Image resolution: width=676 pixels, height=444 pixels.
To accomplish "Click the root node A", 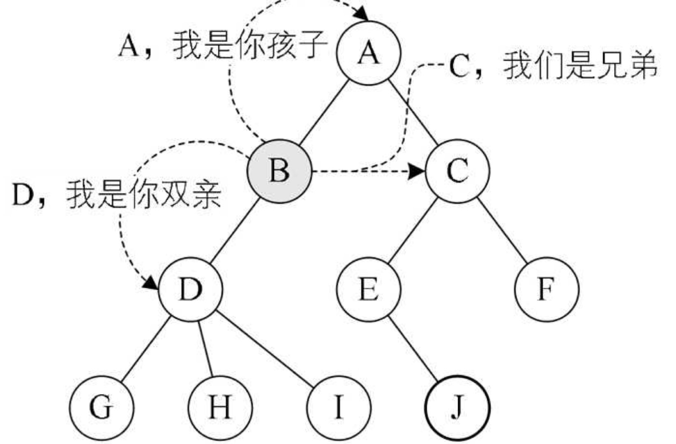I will tap(368, 53).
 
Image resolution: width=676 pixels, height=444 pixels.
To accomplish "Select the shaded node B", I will tap(279, 171).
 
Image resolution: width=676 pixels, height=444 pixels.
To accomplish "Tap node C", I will tap(457, 171).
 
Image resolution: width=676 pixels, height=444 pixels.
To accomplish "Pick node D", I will tap(190, 289).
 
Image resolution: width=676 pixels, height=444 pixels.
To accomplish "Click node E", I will tap(368, 289).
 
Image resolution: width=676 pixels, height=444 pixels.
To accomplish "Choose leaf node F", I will tap(547, 289).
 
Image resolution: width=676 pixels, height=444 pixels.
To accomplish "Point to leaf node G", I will tap(101, 407).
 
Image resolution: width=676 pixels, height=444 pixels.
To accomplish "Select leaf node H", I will tap(220, 407).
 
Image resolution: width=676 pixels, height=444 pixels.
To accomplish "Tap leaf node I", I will tap(339, 407).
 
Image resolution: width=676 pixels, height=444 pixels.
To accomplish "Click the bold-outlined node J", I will tap(457, 407).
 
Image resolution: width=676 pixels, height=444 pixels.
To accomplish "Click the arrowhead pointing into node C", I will tap(418, 171).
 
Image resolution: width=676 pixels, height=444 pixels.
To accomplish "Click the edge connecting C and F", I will tap(502, 230).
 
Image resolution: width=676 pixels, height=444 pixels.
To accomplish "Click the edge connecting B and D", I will tap(234, 230).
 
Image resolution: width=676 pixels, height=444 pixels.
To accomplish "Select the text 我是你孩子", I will tap(250, 45).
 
